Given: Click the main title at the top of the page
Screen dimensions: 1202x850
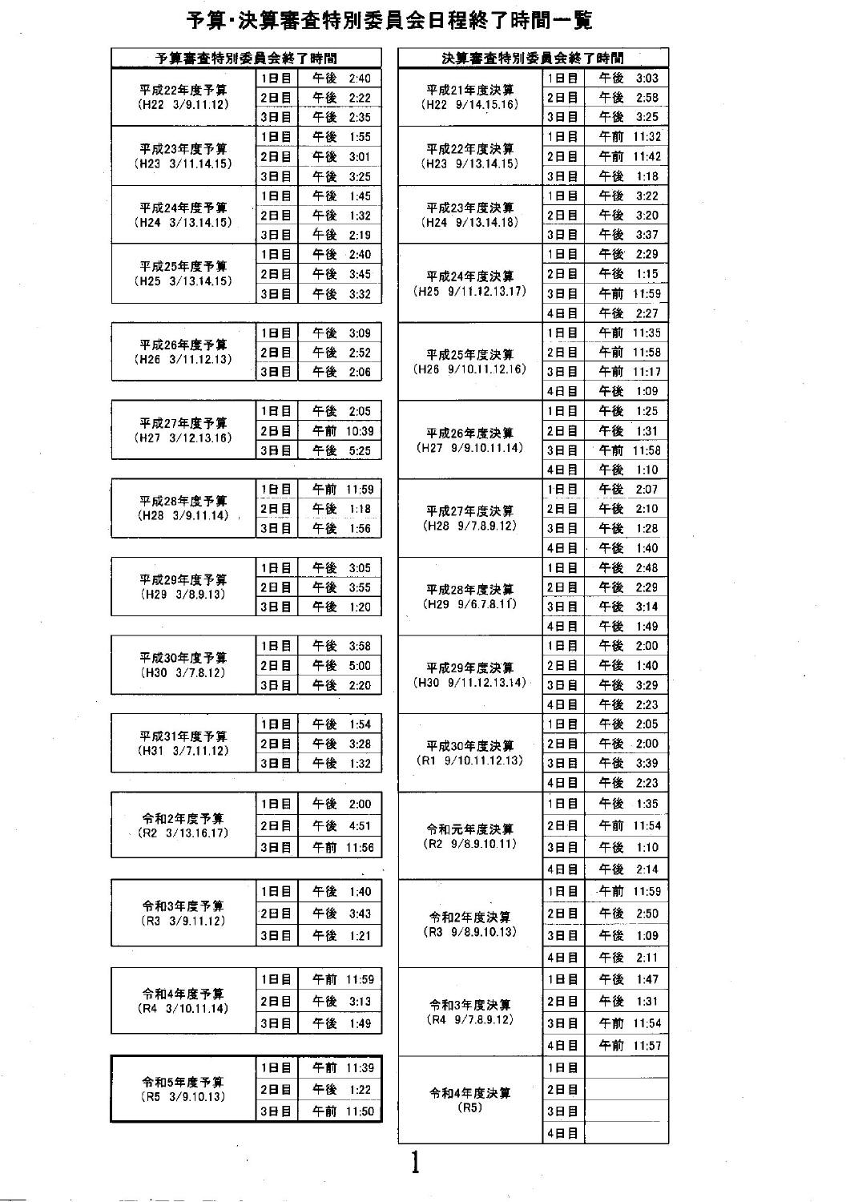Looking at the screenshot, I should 389,22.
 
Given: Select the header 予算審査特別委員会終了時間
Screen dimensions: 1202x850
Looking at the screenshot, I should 246,58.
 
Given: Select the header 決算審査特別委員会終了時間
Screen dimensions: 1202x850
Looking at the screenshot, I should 533,58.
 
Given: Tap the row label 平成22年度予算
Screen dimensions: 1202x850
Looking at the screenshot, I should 183,90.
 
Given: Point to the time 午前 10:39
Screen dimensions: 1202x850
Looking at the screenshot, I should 343,431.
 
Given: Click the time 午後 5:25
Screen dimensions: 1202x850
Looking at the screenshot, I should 343,451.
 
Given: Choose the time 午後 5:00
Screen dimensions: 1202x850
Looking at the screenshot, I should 343,666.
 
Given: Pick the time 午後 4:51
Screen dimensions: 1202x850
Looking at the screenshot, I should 343,825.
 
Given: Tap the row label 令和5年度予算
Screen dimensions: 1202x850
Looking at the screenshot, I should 183,1082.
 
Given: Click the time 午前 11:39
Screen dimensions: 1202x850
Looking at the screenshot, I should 343,1067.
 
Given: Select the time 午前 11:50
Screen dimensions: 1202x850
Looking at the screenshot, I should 343,1111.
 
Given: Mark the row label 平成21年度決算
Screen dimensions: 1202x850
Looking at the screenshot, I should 470,90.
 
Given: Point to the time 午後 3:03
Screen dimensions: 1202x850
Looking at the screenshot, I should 629,78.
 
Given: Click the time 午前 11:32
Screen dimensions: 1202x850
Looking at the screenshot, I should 629,137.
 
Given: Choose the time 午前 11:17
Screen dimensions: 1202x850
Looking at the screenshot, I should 629,372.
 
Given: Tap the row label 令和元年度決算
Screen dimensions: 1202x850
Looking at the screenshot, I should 470,829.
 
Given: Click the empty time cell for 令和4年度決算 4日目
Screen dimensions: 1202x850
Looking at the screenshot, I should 626,1133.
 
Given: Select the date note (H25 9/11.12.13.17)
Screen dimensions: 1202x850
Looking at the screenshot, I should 470,291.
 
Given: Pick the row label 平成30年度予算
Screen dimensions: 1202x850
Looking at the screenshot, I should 183,658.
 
